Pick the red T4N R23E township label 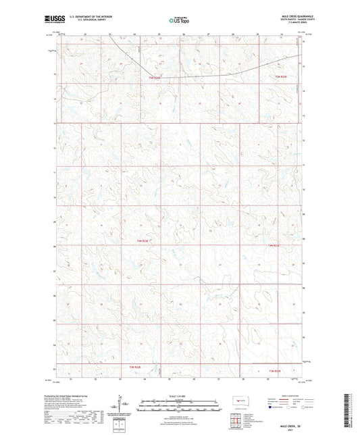[x=274, y=245]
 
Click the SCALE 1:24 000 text [x=180, y=396]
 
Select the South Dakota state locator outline [x=239, y=402]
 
